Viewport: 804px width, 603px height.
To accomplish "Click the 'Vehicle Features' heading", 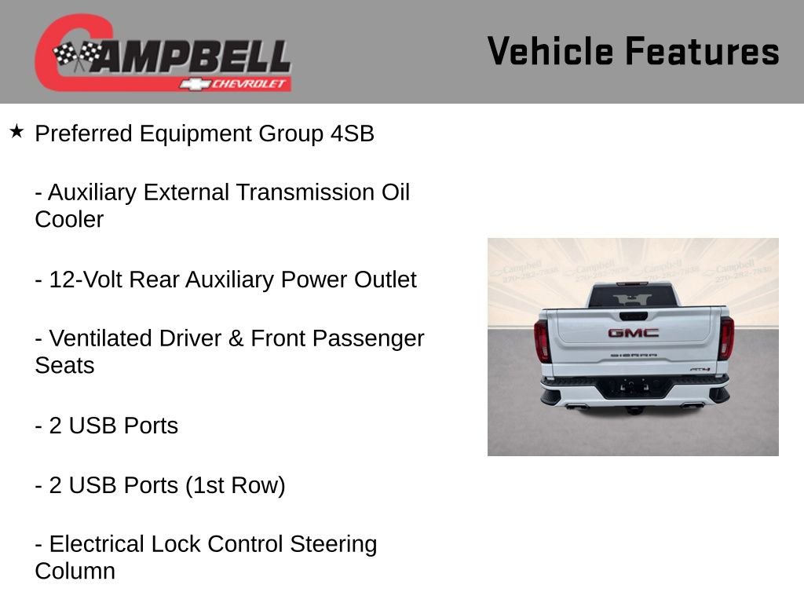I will tap(633, 51).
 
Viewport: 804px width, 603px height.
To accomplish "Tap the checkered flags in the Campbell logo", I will tap(77, 55).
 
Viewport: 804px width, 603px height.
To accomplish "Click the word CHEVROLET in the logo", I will tap(250, 84).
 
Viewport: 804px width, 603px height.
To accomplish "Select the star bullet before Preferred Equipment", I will tap(16, 131).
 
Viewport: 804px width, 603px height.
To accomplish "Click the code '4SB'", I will tap(352, 133).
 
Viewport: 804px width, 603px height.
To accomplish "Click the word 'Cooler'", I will tap(69, 219).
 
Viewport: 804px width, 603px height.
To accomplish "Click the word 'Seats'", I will tap(64, 365).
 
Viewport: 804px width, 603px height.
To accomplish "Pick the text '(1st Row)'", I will tap(235, 485).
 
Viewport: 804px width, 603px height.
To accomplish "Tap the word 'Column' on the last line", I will tap(75, 571).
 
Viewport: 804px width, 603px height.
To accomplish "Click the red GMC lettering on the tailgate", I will tap(633, 333).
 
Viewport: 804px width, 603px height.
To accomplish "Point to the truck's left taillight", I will tap(542, 339).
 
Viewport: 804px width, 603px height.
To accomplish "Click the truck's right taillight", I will tap(725, 338).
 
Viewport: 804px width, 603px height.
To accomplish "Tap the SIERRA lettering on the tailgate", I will tap(634, 356).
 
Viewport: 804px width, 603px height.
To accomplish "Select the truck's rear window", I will tap(633, 297).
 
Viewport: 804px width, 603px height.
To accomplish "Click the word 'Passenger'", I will tap(368, 338).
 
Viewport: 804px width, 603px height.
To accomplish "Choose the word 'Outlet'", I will tap(385, 280).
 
